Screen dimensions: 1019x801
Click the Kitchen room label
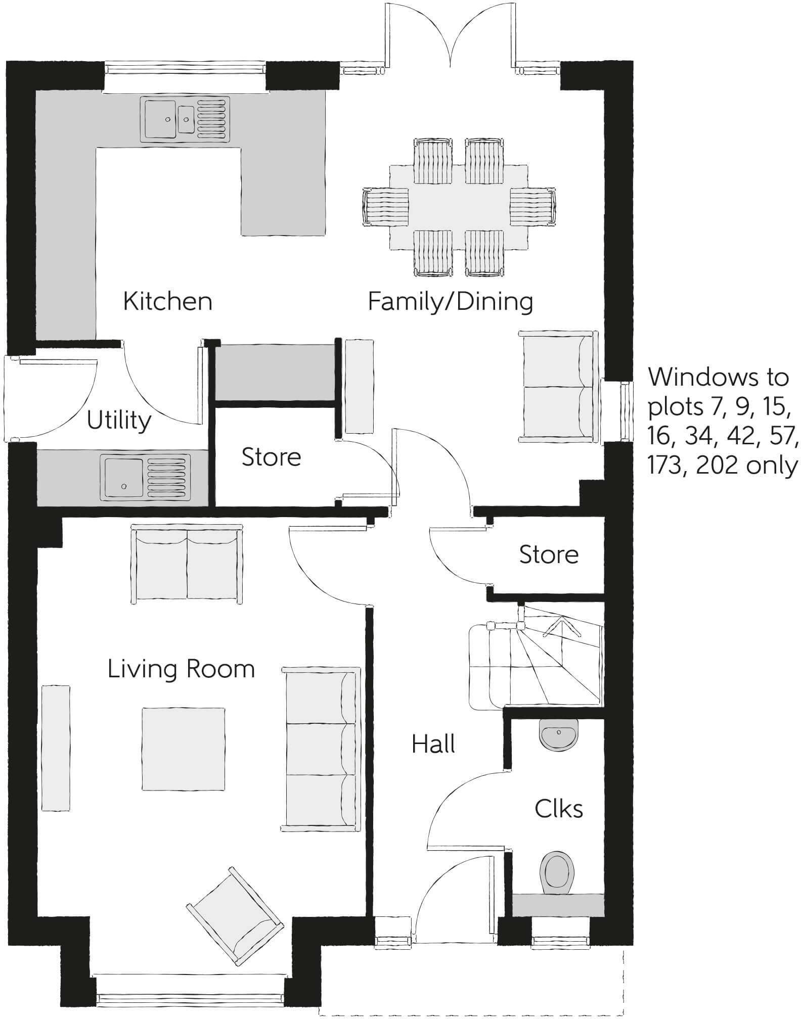point(167,302)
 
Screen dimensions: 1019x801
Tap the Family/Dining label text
point(450,302)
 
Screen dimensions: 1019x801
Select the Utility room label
point(119,420)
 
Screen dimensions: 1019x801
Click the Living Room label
point(181,669)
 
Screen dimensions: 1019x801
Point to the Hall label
point(433,744)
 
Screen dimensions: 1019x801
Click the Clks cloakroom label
point(558,809)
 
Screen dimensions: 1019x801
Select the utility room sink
point(146,478)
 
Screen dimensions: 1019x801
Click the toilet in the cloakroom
point(558,873)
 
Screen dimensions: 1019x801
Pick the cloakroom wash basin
point(558,734)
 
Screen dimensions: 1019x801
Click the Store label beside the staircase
point(549,554)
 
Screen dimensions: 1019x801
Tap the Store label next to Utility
point(271,457)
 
